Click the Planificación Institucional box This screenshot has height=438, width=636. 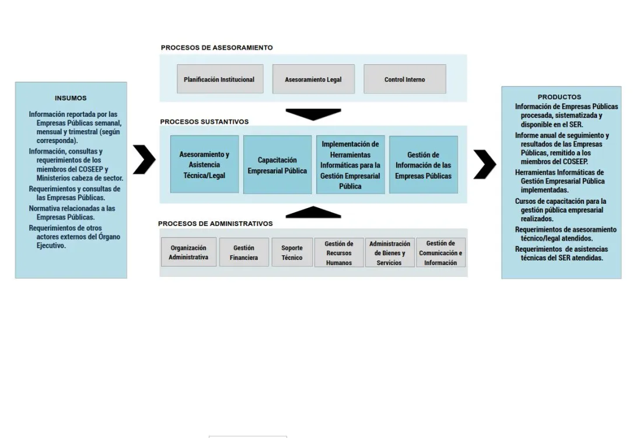click(219, 79)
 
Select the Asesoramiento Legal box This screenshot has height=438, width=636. click(313, 79)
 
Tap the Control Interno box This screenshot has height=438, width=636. click(404, 79)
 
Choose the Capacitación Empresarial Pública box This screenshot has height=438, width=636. click(277, 165)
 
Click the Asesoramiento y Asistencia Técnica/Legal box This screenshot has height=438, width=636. click(204, 165)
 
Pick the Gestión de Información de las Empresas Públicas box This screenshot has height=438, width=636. click(423, 165)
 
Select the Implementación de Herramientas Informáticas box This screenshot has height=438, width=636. click(350, 165)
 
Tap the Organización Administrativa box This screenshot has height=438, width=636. click(188, 252)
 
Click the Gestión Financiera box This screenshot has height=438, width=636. click(244, 252)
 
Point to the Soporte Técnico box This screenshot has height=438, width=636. click(292, 252)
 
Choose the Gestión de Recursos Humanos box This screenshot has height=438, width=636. click(339, 253)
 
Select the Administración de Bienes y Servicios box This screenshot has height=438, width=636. click(389, 253)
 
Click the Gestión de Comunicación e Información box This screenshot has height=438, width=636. click(441, 253)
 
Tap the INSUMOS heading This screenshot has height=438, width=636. click(71, 98)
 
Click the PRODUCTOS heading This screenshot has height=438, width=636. click(560, 97)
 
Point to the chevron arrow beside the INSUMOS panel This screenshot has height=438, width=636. click(144, 160)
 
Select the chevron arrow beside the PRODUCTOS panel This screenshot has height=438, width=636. click(484, 164)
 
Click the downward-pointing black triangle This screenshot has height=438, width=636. click(313, 114)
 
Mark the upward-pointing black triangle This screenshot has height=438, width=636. click(313, 213)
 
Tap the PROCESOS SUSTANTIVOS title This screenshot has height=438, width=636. click(204, 122)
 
